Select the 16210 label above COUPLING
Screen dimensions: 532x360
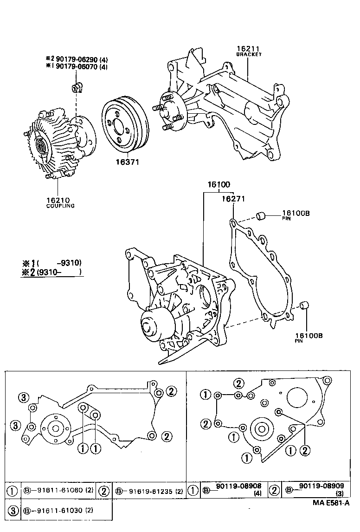click(57, 200)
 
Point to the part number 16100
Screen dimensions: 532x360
click(219, 185)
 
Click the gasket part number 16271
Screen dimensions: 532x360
click(233, 198)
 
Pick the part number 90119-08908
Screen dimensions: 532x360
click(239, 486)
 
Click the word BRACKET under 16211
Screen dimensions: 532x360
click(249, 54)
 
